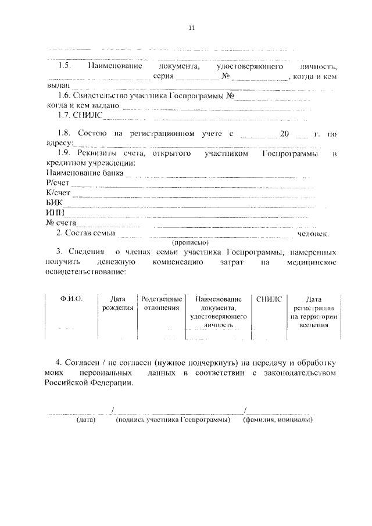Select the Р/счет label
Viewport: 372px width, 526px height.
(58, 183)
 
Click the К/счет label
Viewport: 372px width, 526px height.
(58, 192)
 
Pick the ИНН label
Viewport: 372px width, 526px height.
(54, 213)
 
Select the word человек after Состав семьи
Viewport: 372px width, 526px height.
(313, 234)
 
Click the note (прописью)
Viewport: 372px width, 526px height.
(190, 242)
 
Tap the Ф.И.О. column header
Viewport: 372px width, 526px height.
(71, 298)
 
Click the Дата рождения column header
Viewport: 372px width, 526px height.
(117, 303)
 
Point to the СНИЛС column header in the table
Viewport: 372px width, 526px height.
(269, 298)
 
